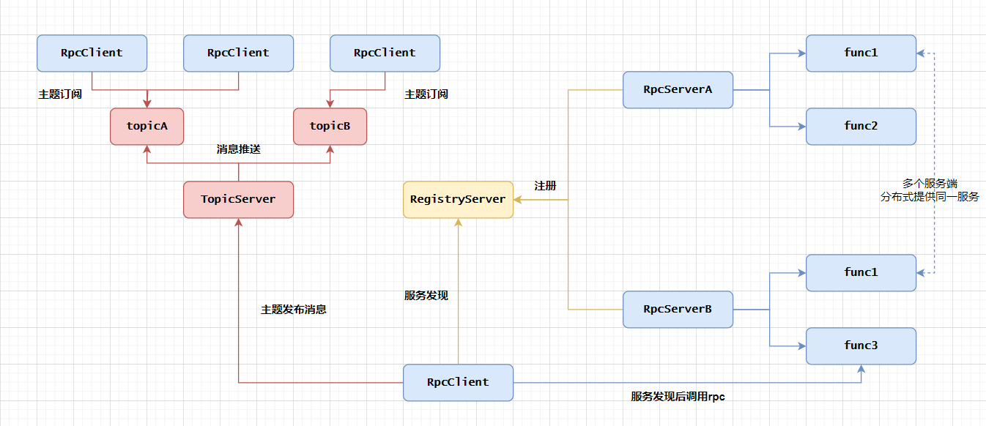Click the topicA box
click(x=147, y=126)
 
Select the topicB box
click(x=330, y=126)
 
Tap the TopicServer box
click(x=238, y=199)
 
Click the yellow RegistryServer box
click(x=458, y=199)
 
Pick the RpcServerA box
click(x=678, y=89)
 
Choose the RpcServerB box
click(x=678, y=309)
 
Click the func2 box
click(x=861, y=126)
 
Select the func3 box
click(x=861, y=345)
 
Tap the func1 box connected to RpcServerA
click(x=861, y=53)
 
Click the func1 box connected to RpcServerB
click(x=861, y=272)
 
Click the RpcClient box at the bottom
click(x=458, y=382)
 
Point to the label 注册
click(x=545, y=186)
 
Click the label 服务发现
click(x=426, y=296)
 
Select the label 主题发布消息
click(x=294, y=310)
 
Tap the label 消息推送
click(x=238, y=149)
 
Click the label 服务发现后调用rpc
click(x=678, y=396)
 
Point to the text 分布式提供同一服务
click(x=930, y=197)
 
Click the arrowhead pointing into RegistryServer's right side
click(x=517, y=200)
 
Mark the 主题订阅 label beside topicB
click(x=426, y=94)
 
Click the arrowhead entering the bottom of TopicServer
click(x=238, y=223)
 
